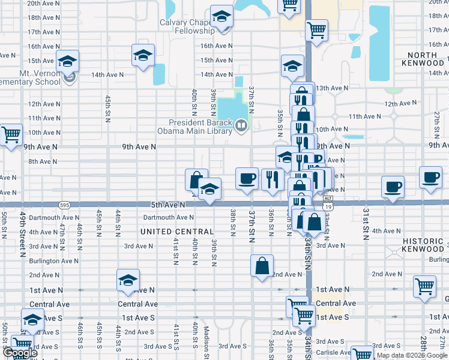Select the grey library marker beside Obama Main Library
point(241,125)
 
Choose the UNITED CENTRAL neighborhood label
point(176,232)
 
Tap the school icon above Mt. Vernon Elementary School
point(67,61)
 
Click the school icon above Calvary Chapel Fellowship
point(221,16)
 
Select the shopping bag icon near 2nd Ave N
point(262,266)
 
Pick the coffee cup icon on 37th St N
point(246,178)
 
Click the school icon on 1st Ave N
point(128,280)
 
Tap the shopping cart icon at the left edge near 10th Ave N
point(10,134)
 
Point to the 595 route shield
point(64,205)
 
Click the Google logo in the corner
point(19,353)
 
